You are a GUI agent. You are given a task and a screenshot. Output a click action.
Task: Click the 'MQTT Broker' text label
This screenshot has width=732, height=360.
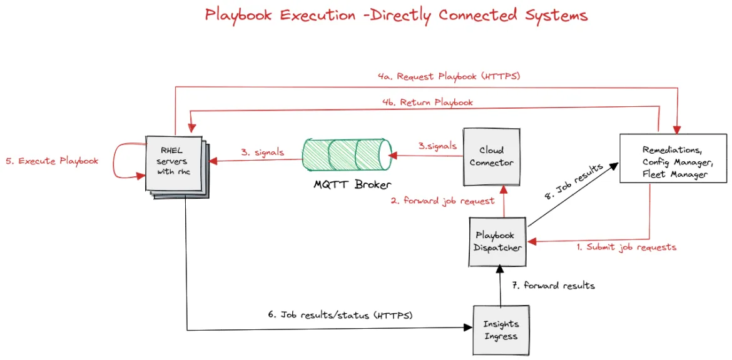coord(353,184)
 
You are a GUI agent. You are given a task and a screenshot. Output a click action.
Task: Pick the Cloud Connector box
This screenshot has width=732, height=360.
coord(492,156)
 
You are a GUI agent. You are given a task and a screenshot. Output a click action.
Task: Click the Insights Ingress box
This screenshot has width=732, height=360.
coord(501,329)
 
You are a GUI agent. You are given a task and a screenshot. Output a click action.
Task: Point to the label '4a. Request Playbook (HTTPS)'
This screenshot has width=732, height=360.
coord(449,76)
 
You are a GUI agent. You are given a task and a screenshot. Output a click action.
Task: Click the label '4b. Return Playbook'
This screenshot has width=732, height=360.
coord(427,102)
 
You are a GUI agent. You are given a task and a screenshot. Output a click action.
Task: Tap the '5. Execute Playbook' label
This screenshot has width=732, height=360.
coord(53,161)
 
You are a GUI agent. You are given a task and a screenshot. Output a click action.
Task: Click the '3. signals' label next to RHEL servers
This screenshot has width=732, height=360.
coord(262,152)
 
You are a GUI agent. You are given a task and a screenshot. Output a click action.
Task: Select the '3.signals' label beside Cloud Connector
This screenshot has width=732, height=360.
coord(437,146)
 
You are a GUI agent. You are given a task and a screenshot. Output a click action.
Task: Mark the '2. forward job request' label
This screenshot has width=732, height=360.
coord(442,201)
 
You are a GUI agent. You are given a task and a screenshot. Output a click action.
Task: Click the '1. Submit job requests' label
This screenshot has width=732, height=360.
coord(626,247)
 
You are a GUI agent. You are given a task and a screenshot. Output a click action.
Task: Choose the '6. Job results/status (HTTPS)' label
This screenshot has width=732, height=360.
coord(340,315)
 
